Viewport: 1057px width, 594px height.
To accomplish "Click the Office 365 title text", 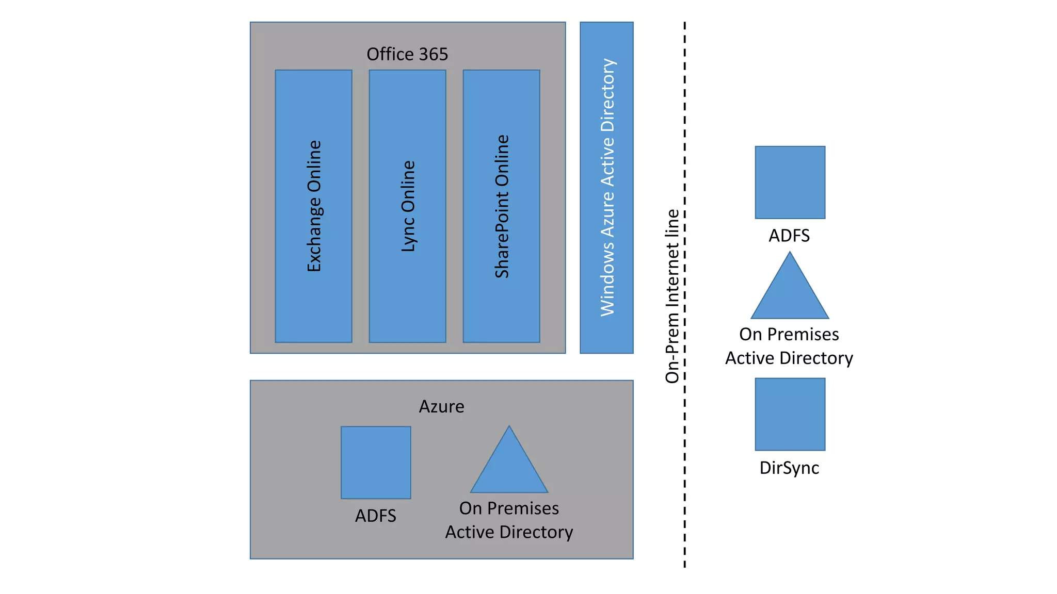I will pos(407,54).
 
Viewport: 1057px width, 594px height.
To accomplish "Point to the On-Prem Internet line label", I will pos(672,296).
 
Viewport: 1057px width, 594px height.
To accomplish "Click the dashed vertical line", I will pos(685,464).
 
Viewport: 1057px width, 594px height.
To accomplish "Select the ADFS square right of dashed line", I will pos(790,182).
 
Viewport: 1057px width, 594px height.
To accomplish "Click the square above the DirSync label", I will pos(790,414).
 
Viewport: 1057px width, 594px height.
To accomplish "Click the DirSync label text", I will pos(789,468).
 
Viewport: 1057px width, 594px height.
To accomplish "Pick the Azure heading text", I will pos(441,406).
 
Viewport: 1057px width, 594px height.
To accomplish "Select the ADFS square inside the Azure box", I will pos(376,463).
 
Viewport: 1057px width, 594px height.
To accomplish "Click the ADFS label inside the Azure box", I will pos(375,516).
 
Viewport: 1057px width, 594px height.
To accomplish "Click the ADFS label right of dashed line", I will pos(789,236).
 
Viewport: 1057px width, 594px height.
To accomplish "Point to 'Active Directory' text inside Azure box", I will pos(509,532).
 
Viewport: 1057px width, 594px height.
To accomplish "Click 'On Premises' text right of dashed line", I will pos(789,334).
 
